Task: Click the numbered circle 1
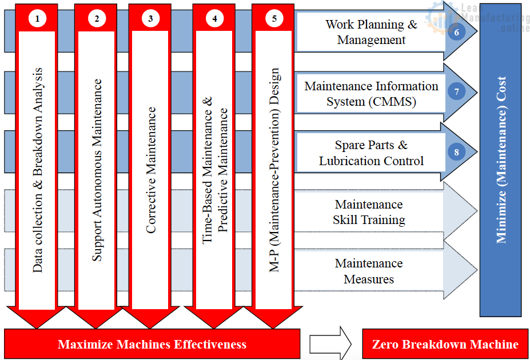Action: point(37,18)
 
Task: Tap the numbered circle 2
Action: point(97,18)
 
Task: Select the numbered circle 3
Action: point(150,18)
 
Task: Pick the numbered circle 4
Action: point(214,18)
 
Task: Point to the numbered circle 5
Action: point(274,18)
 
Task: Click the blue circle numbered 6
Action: point(457,32)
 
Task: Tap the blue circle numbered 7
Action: point(457,91)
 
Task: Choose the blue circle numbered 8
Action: point(457,152)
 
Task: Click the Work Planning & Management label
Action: point(371,32)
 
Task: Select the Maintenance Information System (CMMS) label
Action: point(371,94)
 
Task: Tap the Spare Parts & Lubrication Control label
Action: point(371,153)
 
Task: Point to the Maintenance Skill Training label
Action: point(369,212)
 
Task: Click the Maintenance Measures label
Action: point(369,271)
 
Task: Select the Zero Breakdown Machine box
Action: point(445,343)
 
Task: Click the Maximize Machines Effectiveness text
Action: point(152,344)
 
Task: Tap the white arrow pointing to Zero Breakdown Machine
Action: point(330,343)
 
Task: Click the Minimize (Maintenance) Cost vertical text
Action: point(501,160)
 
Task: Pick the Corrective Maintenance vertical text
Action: point(151,170)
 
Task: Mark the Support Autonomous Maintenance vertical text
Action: point(97,170)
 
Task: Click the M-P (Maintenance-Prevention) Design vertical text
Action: point(274,170)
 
